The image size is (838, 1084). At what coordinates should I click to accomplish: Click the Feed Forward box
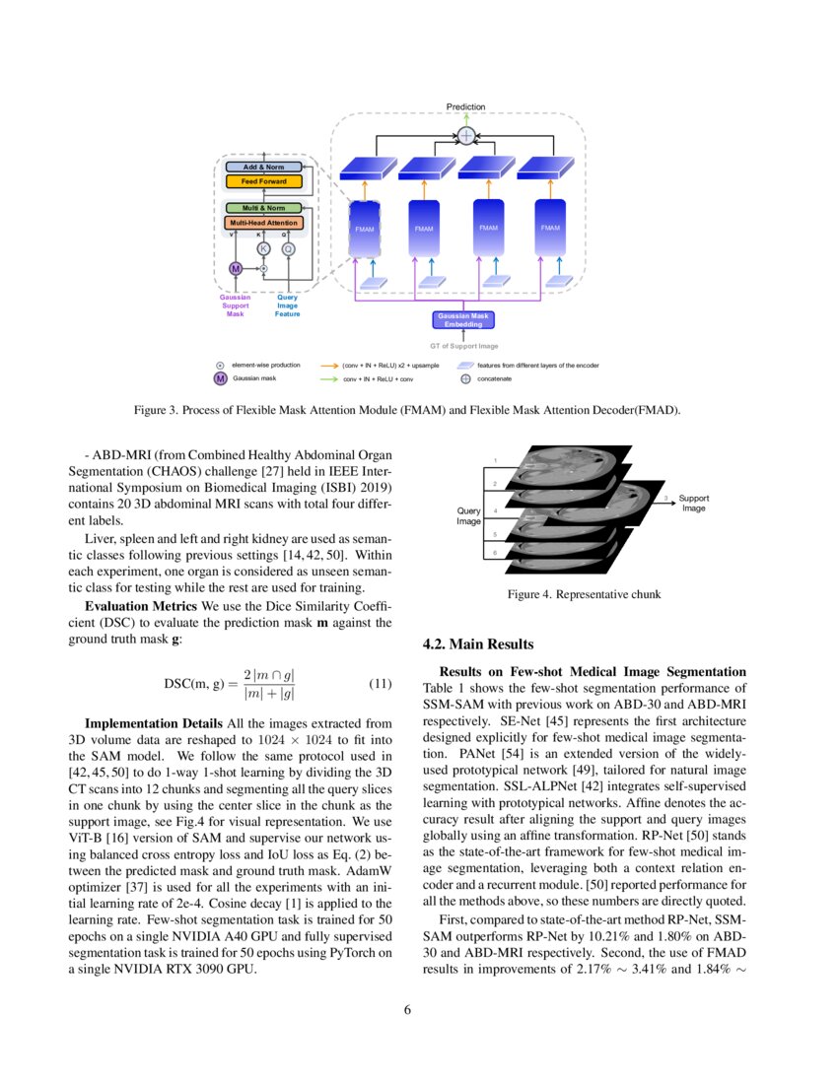tap(263, 181)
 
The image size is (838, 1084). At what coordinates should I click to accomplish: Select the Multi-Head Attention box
tap(263, 224)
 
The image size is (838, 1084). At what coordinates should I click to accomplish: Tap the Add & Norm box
tap(263, 168)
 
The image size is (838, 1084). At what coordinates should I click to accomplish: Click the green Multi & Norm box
tap(263, 208)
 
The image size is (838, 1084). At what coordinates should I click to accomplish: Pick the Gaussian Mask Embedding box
tap(463, 319)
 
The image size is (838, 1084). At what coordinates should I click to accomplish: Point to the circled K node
tap(263, 249)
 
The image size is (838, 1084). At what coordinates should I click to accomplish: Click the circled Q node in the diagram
tap(288, 249)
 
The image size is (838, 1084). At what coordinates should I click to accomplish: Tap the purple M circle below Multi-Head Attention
tap(236, 268)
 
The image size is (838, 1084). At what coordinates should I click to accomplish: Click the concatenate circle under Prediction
tap(466, 135)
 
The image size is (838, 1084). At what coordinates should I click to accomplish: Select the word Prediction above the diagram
tap(465, 106)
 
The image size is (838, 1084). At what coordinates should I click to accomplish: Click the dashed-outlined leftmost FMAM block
tap(366, 229)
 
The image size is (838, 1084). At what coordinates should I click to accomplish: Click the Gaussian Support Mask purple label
tap(235, 305)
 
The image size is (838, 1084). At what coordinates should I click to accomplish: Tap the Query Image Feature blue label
tap(288, 305)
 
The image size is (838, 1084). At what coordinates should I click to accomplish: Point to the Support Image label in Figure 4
tap(693, 503)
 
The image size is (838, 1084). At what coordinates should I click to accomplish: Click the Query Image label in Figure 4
tap(468, 515)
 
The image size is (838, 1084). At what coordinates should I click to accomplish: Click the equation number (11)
tap(381, 684)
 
